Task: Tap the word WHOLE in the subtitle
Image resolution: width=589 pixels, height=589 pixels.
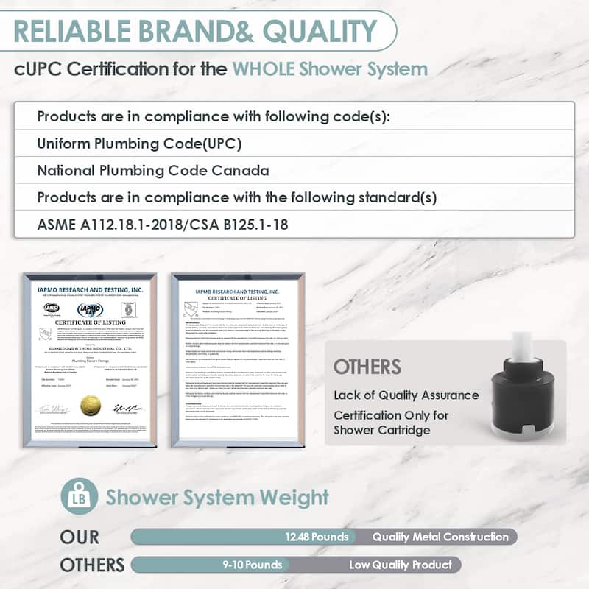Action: pyautogui.click(x=266, y=69)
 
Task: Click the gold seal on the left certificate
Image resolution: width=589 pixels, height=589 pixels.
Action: pyautogui.click(x=91, y=404)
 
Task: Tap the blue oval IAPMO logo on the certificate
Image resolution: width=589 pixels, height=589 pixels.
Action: pyautogui.click(x=90, y=310)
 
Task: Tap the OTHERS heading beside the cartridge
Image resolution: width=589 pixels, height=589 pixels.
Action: pyautogui.click(x=367, y=367)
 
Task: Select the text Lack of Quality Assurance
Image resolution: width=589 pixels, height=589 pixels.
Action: pyautogui.click(x=406, y=395)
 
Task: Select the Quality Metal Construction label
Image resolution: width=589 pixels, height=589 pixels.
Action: pyautogui.click(x=440, y=537)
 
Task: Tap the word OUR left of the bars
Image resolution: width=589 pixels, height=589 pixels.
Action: pyautogui.click(x=80, y=537)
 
